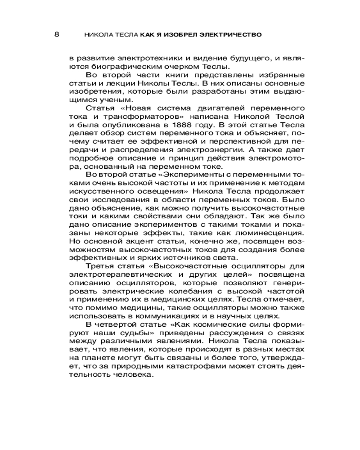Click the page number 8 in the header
56,35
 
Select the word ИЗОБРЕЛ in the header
179,35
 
